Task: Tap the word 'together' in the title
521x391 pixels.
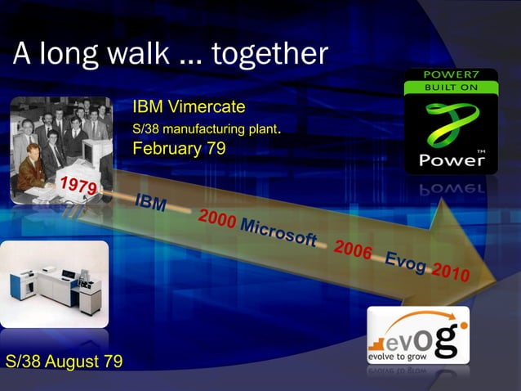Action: click(269, 54)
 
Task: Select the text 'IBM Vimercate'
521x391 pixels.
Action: click(189, 107)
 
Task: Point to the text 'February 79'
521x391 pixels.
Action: click(178, 149)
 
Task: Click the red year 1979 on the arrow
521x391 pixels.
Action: click(77, 185)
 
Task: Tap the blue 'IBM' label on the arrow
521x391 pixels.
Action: click(151, 202)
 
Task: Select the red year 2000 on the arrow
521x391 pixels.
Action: click(216, 219)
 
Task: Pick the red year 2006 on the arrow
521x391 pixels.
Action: click(353, 250)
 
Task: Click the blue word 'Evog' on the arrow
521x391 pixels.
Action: click(405, 262)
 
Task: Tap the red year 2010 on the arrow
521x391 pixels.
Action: click(450, 272)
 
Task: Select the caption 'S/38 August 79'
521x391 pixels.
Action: click(64, 361)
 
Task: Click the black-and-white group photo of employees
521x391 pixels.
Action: click(61, 147)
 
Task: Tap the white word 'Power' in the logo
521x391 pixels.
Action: click(451, 160)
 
